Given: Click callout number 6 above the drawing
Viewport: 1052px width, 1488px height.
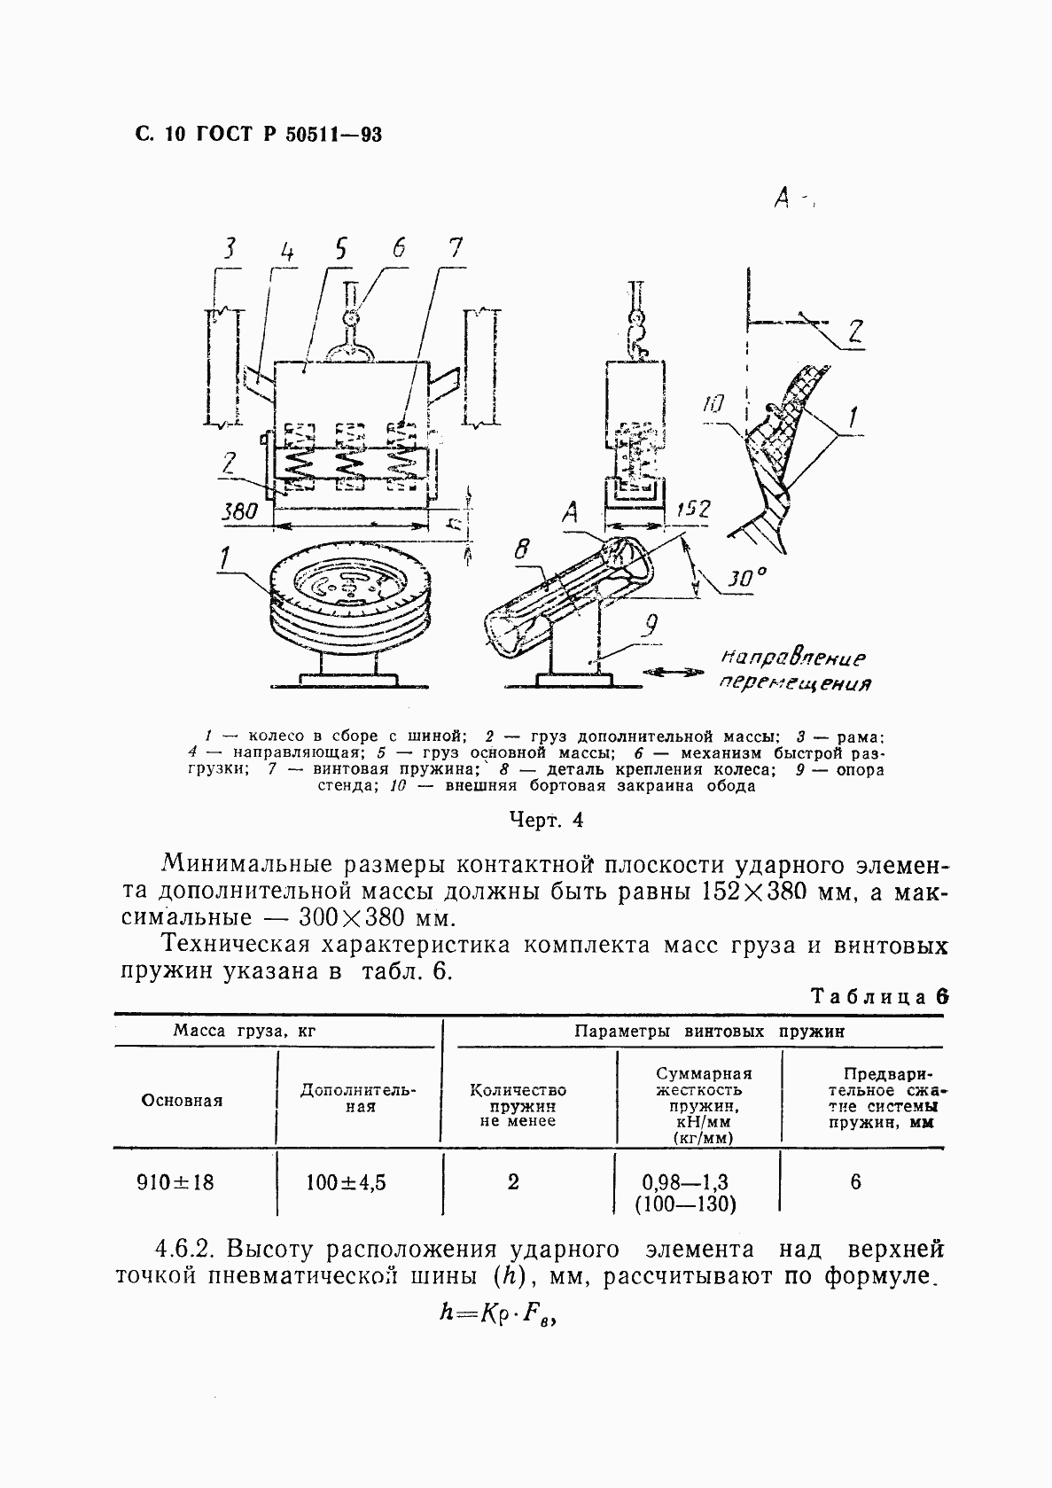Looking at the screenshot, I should tap(399, 249).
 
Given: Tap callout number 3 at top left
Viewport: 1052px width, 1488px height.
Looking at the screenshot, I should tap(230, 250).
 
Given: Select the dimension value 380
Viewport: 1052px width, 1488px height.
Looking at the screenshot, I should tap(239, 511).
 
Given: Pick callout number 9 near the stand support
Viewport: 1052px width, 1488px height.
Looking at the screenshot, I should tap(651, 627).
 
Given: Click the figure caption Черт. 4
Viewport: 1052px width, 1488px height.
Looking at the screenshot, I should tap(546, 819).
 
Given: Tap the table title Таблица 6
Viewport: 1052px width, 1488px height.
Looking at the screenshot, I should tap(880, 995).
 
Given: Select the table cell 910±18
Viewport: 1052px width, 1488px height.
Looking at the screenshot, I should tap(175, 1182).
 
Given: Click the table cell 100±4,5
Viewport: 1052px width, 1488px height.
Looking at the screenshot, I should tap(346, 1182).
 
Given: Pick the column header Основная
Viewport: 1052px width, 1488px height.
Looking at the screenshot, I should tap(182, 1101).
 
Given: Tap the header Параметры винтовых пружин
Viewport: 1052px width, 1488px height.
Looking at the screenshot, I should tap(709, 1031).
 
